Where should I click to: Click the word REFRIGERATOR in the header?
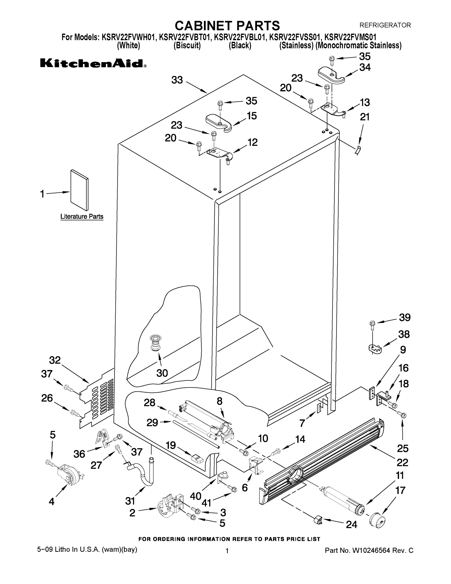[x=385, y=25]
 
